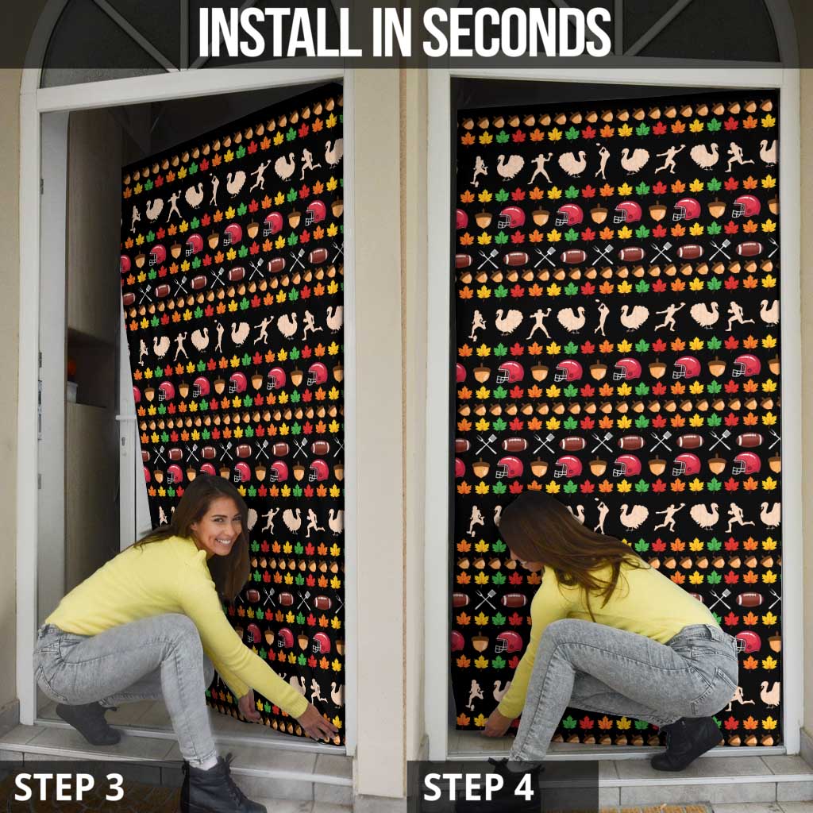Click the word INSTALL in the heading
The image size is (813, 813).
point(279,32)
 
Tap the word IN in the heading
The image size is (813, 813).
point(391,32)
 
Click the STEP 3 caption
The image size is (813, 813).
point(69,787)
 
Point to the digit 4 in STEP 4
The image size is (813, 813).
point(523,787)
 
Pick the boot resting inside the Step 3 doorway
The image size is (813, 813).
point(88,722)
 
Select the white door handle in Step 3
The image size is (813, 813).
point(126,418)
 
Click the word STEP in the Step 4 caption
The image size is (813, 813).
point(464,787)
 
